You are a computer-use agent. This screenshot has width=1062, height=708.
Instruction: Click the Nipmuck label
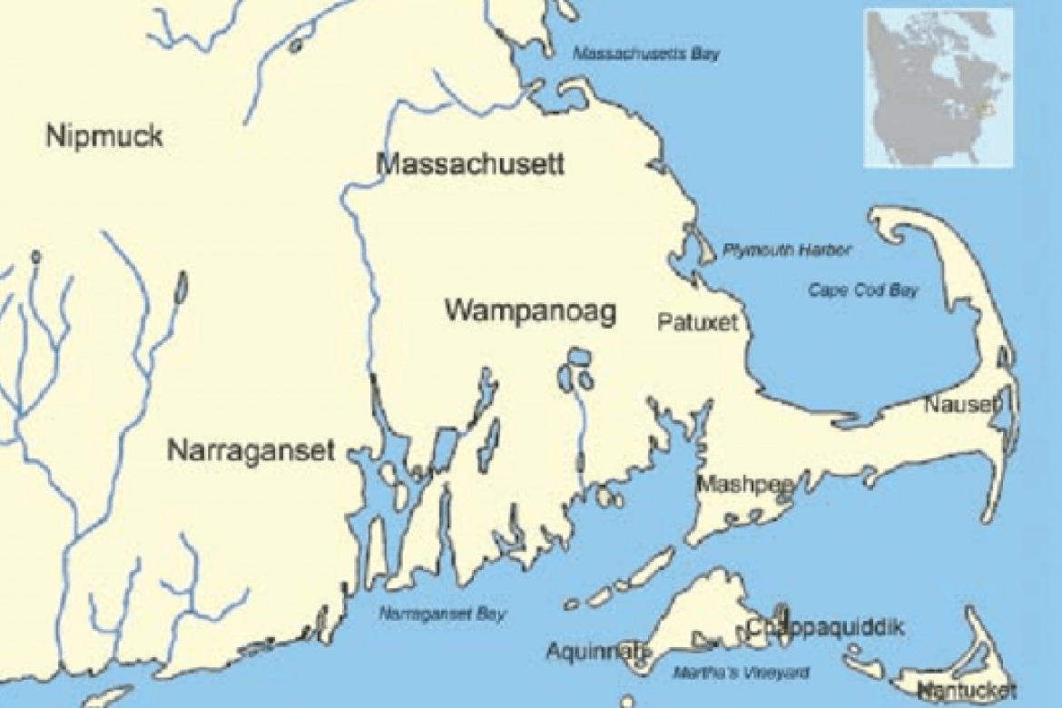click(x=104, y=137)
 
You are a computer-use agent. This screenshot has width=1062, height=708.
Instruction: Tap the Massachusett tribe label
click(x=470, y=164)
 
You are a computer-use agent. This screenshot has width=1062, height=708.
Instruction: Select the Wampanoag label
click(x=530, y=311)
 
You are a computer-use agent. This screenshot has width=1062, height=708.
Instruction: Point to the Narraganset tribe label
click(x=251, y=449)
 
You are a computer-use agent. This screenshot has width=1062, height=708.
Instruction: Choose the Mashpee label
click(x=744, y=485)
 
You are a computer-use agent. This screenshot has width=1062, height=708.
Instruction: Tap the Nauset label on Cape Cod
click(x=962, y=404)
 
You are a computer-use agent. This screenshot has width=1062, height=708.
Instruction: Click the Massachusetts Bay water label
click(x=645, y=54)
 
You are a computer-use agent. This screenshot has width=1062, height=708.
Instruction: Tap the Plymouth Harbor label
click(x=787, y=250)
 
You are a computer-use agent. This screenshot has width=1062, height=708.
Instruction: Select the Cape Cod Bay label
click(x=862, y=290)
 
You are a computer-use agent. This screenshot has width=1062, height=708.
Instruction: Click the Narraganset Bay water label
click(x=443, y=614)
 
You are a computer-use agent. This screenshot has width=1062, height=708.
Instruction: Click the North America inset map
click(x=938, y=88)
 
